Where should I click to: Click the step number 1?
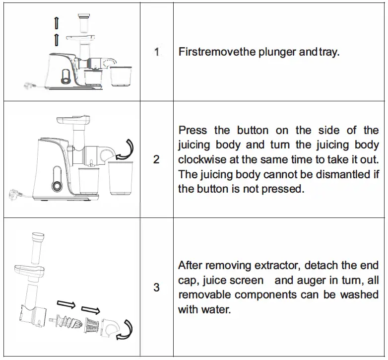click(x=157, y=52)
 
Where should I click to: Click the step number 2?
click(x=157, y=159)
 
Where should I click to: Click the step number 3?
click(x=157, y=287)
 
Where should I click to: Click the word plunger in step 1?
click(x=276, y=52)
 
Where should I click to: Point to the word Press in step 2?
click(x=193, y=131)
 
